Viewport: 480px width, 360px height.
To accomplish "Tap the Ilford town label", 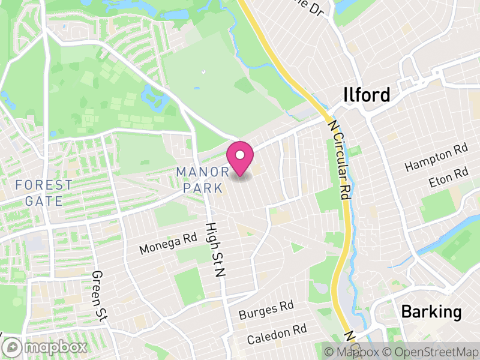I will [x=367, y=95].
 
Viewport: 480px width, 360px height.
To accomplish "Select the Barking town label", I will [x=431, y=312].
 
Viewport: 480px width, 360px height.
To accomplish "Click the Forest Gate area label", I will [x=44, y=193].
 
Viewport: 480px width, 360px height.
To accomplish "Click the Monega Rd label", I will [x=168, y=243].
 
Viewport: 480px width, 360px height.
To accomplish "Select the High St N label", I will [x=214, y=249].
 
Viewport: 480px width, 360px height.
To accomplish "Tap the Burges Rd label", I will [x=266, y=311].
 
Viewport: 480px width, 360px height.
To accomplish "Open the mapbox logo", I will [x=46, y=347].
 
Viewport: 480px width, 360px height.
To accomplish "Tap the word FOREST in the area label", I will [x=44, y=185].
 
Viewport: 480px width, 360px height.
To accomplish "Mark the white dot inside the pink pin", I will [x=240, y=155].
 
